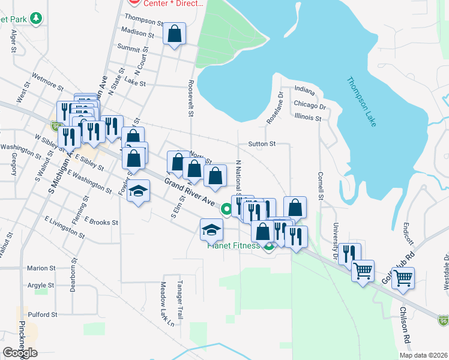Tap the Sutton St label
[x=261, y=144]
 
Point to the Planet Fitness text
[x=234, y=245]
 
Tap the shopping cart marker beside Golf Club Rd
[x=403, y=277]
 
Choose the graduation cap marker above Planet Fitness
[x=211, y=230]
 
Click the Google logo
[x=20, y=353]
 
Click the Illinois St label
[x=308, y=118]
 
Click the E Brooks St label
[x=101, y=222]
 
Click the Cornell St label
[x=321, y=187]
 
